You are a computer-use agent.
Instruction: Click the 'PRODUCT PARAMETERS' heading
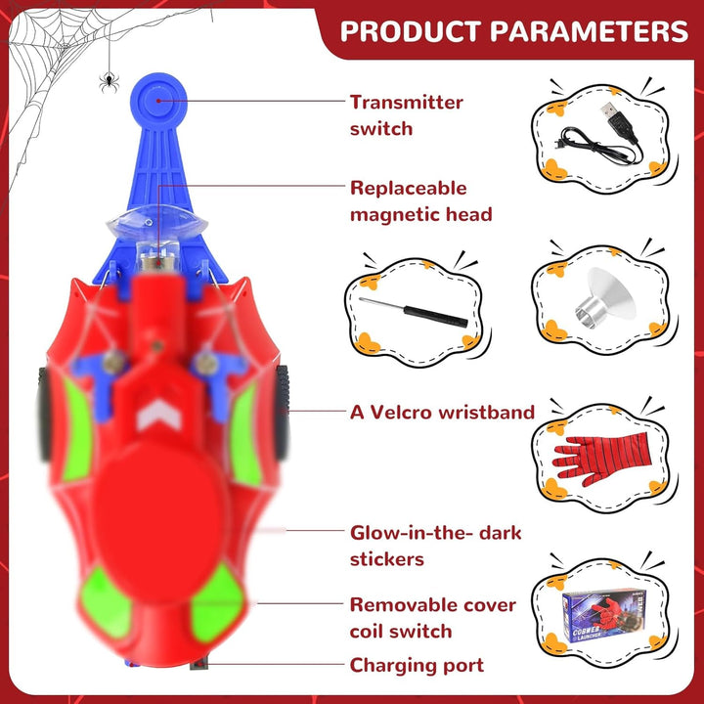pos(513,31)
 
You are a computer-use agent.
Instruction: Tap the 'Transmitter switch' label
pos(406,115)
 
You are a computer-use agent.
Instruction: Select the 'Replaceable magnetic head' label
pos(420,201)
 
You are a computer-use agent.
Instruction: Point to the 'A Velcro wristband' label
pos(442,413)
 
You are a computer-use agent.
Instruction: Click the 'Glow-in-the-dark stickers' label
pos(435,546)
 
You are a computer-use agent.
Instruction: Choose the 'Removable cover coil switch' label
pos(433,618)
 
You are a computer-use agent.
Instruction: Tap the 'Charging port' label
pos(417,665)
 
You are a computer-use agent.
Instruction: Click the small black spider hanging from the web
pos(110,82)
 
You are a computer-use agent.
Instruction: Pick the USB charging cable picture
pos(601,135)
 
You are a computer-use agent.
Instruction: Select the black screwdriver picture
pos(413,312)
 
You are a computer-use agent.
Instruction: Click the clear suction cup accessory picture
pos(605,298)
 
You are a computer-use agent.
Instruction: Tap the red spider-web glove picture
pos(601,459)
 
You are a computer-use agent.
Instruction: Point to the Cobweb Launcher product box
pos(604,616)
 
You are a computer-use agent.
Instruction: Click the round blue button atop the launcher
pos(158,102)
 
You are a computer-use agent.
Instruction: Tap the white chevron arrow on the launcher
pos(159,414)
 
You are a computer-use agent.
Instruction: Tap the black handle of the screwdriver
pos(435,316)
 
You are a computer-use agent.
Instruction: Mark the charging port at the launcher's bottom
pos(198,663)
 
